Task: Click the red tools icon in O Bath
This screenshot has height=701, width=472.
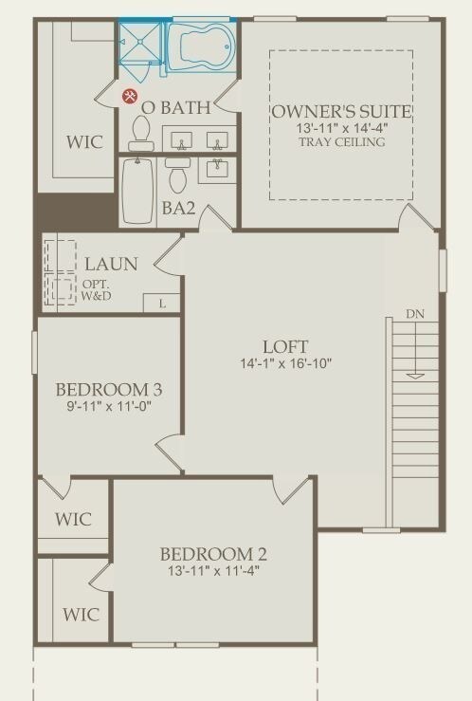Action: point(131,96)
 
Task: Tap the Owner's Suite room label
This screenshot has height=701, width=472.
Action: point(341,111)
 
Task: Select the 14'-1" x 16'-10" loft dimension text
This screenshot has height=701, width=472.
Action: point(286,363)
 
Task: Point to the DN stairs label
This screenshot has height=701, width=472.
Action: point(415,314)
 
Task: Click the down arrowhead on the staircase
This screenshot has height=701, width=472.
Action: point(416,376)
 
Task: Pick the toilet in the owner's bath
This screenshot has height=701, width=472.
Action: point(141,133)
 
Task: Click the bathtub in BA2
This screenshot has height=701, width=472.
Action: point(138,191)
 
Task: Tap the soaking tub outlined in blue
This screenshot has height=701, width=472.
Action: point(202,45)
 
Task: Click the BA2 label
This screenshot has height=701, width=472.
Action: point(178,208)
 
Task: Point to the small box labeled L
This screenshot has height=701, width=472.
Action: point(162,304)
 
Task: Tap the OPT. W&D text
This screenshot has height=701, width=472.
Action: point(97,290)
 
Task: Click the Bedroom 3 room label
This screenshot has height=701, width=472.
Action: point(108,390)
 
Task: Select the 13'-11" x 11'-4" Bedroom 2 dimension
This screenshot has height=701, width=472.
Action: point(214,571)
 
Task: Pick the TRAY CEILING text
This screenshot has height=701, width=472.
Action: point(342,142)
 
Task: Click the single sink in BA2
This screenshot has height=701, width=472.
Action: point(217,169)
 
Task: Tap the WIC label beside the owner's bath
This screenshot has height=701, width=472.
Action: point(85,142)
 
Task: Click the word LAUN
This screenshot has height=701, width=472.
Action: point(111,264)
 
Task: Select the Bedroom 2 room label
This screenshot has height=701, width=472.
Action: point(213,554)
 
